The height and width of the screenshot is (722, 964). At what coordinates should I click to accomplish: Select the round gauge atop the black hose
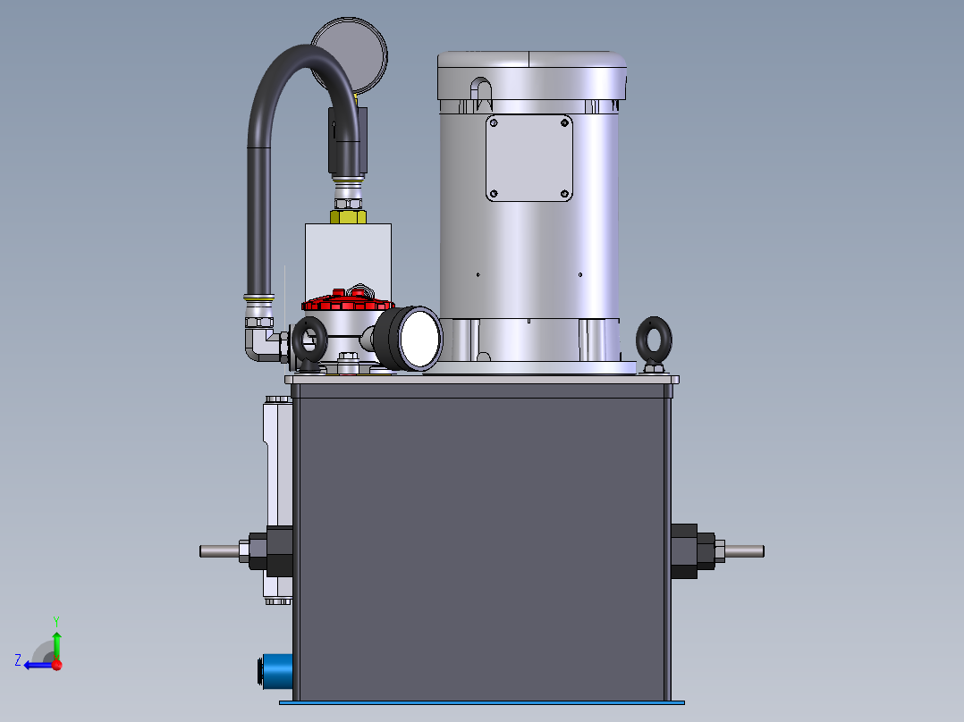[x=351, y=54]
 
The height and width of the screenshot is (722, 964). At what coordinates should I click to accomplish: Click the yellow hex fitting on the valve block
[x=348, y=214]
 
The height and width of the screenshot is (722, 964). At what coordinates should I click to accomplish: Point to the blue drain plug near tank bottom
[x=276, y=672]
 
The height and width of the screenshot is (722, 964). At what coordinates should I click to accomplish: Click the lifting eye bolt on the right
[x=655, y=341]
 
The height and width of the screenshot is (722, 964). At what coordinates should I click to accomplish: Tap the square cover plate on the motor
[x=529, y=158]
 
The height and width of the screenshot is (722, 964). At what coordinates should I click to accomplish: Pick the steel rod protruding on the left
[x=220, y=550]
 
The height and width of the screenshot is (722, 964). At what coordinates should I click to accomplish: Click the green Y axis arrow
[x=56, y=642]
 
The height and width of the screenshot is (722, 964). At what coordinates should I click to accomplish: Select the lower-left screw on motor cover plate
[x=494, y=193]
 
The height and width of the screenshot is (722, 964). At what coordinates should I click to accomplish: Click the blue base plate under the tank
[x=483, y=702]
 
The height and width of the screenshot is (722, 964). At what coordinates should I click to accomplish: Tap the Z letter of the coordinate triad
[x=18, y=660]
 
